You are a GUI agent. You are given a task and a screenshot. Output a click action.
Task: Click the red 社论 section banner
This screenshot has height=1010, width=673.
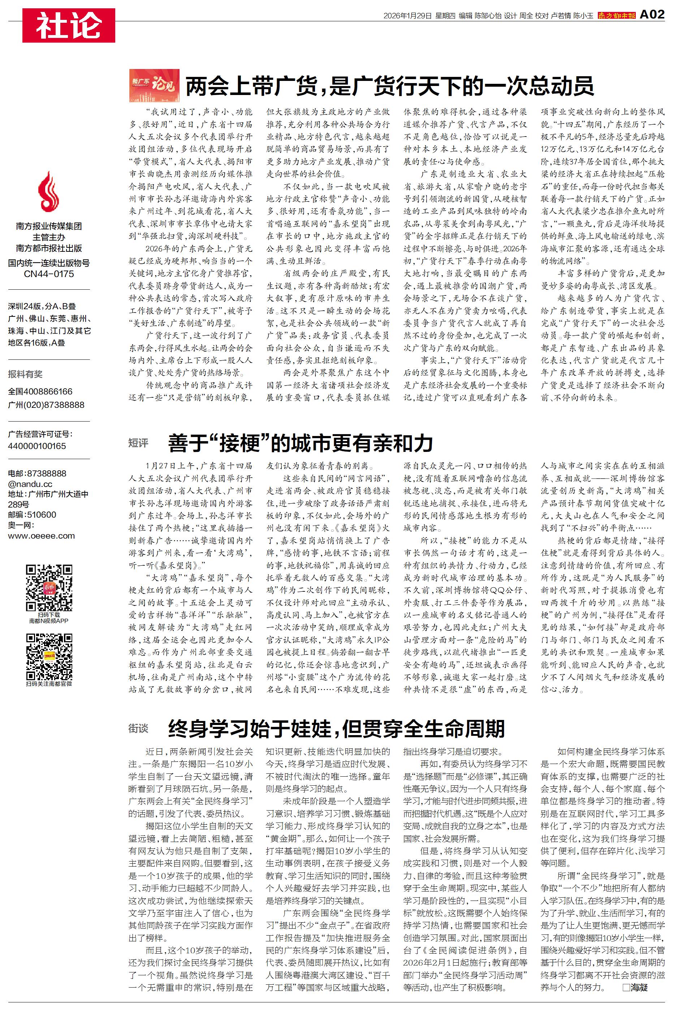tap(69, 25)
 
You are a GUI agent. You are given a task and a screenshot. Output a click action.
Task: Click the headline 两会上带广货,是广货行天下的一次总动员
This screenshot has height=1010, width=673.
tap(389, 86)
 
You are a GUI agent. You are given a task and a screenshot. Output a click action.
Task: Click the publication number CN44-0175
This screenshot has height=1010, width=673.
tap(48, 274)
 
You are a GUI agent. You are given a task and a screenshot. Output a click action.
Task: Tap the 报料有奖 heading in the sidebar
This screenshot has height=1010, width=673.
tap(25, 374)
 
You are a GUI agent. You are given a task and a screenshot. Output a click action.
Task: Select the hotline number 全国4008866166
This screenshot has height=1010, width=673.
tap(40, 391)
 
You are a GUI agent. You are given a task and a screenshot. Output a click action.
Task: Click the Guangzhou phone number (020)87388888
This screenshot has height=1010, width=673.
tap(46, 405)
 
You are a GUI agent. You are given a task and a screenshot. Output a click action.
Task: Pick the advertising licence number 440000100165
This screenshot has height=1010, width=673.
tap(37, 446)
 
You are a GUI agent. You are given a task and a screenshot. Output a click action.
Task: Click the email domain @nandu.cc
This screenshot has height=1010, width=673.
tap(30, 484)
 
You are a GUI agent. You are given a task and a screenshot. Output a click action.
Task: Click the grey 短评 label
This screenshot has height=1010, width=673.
tap(138, 443)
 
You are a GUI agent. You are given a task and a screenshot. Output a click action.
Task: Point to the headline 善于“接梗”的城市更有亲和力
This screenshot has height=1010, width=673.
tap(301, 443)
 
